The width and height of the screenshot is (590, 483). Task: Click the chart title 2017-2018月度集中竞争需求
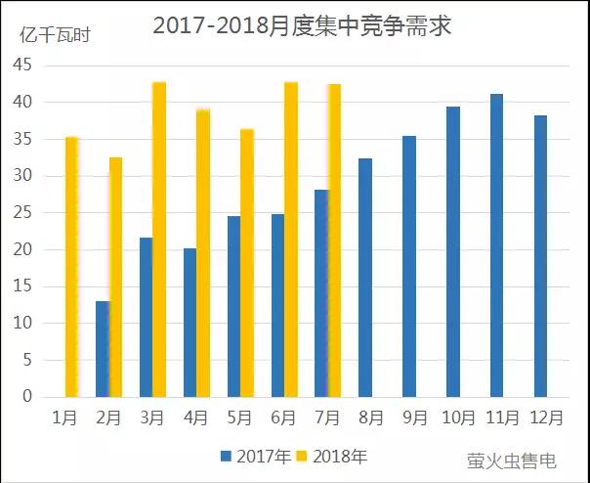click(302, 25)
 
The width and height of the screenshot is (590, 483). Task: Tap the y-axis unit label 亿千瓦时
click(55, 34)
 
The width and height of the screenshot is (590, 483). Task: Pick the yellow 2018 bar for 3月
click(159, 240)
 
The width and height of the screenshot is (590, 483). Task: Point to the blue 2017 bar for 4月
click(190, 323)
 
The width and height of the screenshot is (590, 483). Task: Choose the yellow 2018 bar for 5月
click(247, 263)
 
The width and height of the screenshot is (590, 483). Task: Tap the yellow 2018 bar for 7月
click(335, 241)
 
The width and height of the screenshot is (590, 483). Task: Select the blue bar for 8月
click(365, 278)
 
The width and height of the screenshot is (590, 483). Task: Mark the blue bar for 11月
click(496, 245)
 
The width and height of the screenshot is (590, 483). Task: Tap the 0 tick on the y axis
click(27, 397)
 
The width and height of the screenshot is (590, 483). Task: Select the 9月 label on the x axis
click(415, 417)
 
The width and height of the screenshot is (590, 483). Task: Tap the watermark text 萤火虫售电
click(512, 459)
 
